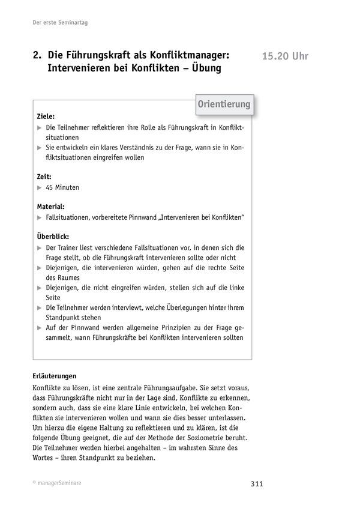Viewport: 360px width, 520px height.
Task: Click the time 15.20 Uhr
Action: (285, 57)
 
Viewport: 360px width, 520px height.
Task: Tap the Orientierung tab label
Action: (224, 104)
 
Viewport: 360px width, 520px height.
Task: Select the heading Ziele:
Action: (46, 116)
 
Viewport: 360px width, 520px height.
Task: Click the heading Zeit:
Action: (44, 177)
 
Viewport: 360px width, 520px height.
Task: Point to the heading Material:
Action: (50, 205)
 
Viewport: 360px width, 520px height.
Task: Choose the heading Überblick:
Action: (53, 235)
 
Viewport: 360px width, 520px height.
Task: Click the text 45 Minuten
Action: (62, 187)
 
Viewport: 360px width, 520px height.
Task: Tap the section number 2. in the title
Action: (37, 55)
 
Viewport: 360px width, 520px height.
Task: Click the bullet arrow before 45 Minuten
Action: (39, 187)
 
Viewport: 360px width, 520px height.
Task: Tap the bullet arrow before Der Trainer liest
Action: (39, 247)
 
